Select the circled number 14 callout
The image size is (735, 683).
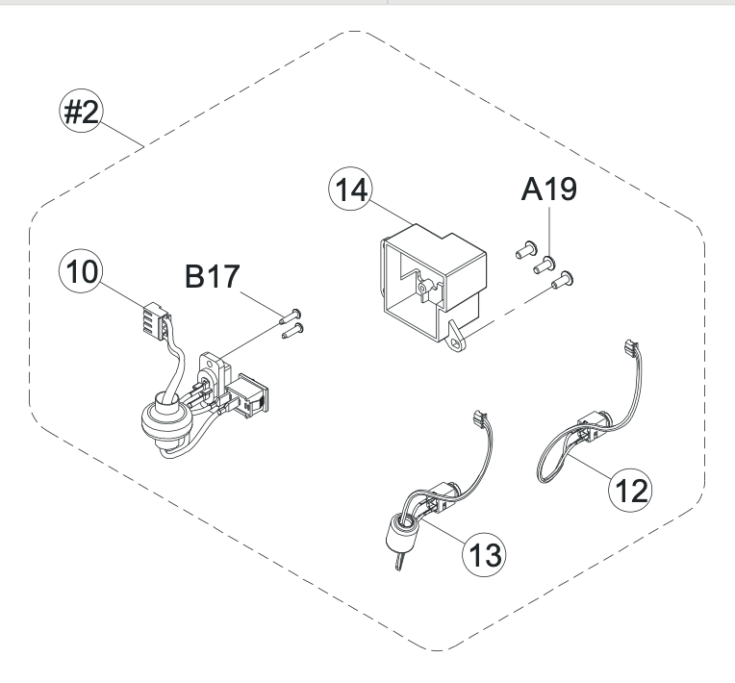click(350, 190)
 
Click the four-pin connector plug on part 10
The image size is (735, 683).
click(152, 317)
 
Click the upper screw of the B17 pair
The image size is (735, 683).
click(292, 314)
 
